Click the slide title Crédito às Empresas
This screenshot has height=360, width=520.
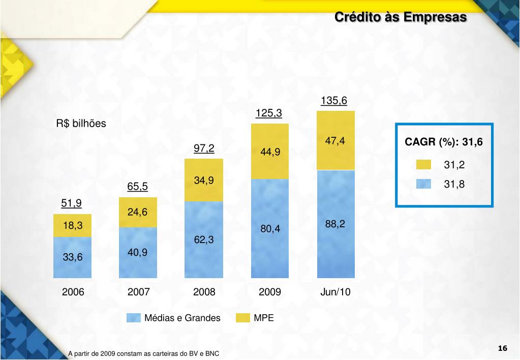pos(400,17)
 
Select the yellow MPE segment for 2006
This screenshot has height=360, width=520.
pos(73,225)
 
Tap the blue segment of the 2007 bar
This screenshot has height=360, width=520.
pos(138,252)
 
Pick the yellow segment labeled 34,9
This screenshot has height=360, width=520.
pos(203,180)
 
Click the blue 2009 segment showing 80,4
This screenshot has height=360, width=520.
pos(270,229)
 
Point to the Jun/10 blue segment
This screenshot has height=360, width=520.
pos(335,224)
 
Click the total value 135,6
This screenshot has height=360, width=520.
pos(334,101)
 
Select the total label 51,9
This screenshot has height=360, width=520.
pos(72,203)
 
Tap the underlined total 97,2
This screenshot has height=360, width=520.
pos(204,148)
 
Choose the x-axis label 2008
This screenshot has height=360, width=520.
pos(204,292)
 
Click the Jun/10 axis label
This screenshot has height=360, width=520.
pos(335,292)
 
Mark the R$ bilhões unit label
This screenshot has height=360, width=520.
pos(81,124)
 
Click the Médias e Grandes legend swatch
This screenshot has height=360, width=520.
pos(133,318)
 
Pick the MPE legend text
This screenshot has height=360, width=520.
pos(264,318)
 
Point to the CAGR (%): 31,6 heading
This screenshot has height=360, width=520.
pos(443,142)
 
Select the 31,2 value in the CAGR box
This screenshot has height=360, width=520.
pos(454,165)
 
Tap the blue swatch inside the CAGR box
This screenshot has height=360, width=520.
pos(423,184)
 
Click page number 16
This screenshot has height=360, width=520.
pos(503,348)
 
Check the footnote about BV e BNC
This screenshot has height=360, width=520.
pos(144,353)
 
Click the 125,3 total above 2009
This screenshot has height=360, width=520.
pos(269,113)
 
